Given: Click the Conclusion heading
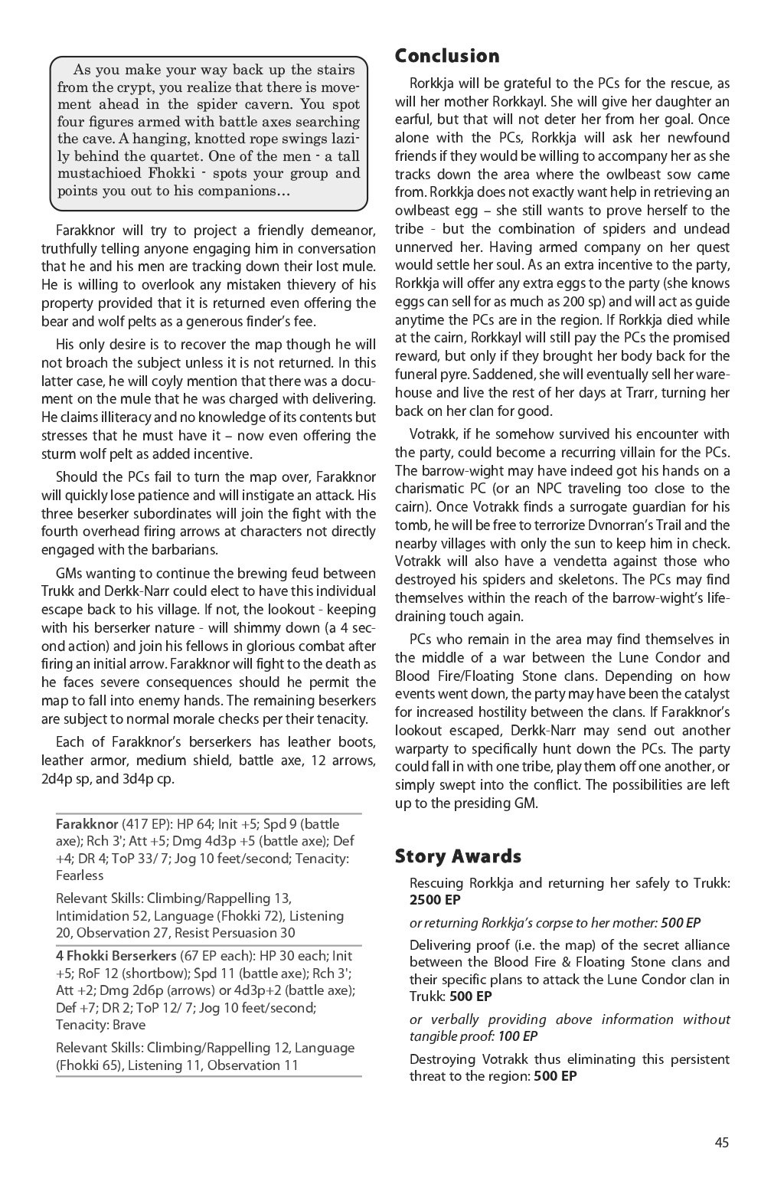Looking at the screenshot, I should click(447, 56).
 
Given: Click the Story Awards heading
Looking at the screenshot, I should click(458, 856).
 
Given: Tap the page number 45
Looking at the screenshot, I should click(721, 1143).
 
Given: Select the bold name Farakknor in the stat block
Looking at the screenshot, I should click(87, 824).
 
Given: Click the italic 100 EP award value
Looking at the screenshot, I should click(517, 1036).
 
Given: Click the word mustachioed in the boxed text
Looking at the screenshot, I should click(102, 174).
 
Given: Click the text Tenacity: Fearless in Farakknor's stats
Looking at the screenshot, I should click(202, 867).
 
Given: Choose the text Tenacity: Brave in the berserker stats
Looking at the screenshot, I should click(100, 1025).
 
